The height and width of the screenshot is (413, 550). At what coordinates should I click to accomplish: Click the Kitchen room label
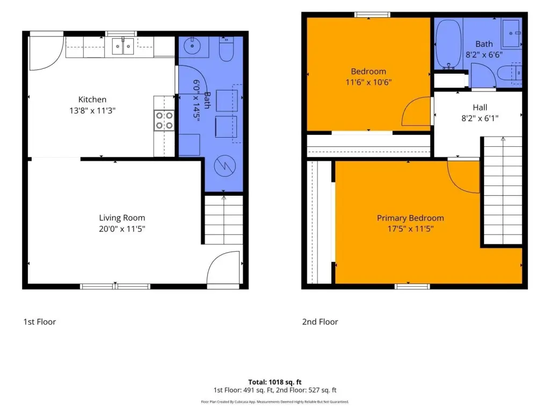coord(92,99)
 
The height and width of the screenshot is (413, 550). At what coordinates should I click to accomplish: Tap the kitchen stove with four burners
coord(164,120)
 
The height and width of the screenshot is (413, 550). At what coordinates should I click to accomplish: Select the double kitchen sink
coord(123,46)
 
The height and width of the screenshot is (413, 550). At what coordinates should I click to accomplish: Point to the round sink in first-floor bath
coord(192,46)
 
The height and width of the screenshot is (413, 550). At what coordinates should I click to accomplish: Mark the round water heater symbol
coord(225,166)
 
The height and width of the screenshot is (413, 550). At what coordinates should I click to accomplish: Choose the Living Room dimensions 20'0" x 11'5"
coord(122,229)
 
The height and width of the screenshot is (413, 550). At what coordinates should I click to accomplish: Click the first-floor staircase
coord(224,220)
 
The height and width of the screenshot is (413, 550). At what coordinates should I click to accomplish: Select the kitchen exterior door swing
coord(46,53)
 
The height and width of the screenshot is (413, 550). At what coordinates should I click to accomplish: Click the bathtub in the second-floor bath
coord(448,44)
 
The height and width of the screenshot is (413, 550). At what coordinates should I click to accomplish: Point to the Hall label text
coord(480,108)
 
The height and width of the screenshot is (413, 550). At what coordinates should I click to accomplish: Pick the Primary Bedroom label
coord(410,218)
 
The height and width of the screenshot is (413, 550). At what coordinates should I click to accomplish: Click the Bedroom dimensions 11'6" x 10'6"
coord(368,82)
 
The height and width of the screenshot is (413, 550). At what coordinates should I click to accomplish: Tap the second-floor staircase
coord(503,190)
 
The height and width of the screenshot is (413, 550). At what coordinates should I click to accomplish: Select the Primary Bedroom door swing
coord(464,176)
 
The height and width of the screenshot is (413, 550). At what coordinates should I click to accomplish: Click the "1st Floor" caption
coord(40,322)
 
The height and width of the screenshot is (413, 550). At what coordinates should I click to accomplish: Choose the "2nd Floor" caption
coord(320,322)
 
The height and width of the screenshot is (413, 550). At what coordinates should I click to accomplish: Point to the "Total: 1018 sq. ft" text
coord(275,382)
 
